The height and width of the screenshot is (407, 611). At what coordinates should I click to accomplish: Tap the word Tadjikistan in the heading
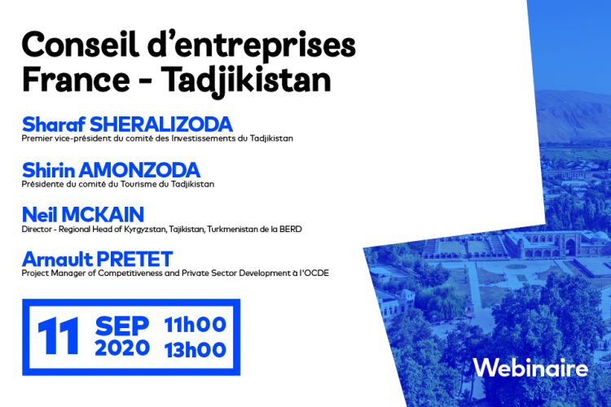(246, 80)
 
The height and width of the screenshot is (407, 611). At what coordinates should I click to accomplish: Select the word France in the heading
(76, 80)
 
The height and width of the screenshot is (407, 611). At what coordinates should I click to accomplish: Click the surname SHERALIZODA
(161, 125)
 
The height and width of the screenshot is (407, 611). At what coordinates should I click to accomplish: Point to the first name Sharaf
(54, 125)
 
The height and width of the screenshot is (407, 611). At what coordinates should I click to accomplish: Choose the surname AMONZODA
(139, 170)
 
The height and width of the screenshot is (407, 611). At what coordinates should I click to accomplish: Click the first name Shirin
(48, 170)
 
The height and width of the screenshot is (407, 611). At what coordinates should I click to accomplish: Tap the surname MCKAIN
(103, 215)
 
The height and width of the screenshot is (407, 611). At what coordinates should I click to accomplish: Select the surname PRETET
(134, 259)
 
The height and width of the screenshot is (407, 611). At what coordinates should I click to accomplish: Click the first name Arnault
(58, 259)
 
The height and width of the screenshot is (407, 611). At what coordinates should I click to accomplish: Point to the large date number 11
(59, 335)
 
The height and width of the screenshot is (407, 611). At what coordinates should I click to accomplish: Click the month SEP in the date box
(122, 326)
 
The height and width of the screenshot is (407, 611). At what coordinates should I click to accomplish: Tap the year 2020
(122, 348)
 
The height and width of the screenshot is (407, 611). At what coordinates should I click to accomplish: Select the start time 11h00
(196, 325)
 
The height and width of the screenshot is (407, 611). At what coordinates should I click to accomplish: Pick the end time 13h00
(196, 350)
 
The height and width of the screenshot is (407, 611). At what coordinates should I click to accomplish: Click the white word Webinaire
(530, 368)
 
